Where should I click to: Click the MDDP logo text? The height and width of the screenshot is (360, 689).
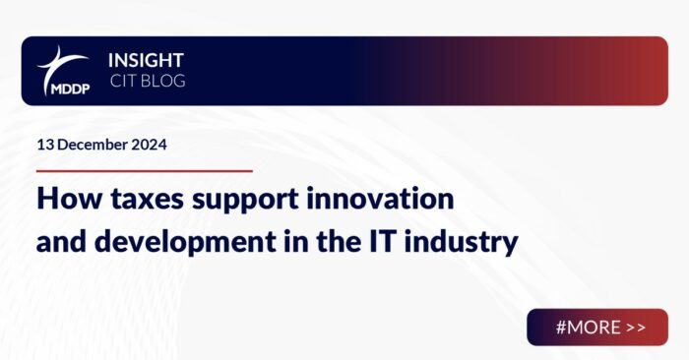[63, 87]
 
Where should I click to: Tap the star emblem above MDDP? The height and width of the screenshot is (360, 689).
[61, 61]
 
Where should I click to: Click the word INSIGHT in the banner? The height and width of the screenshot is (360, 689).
[146, 60]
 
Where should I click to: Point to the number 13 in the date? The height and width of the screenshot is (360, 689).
[44, 144]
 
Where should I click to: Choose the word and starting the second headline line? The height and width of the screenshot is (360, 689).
[61, 241]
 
